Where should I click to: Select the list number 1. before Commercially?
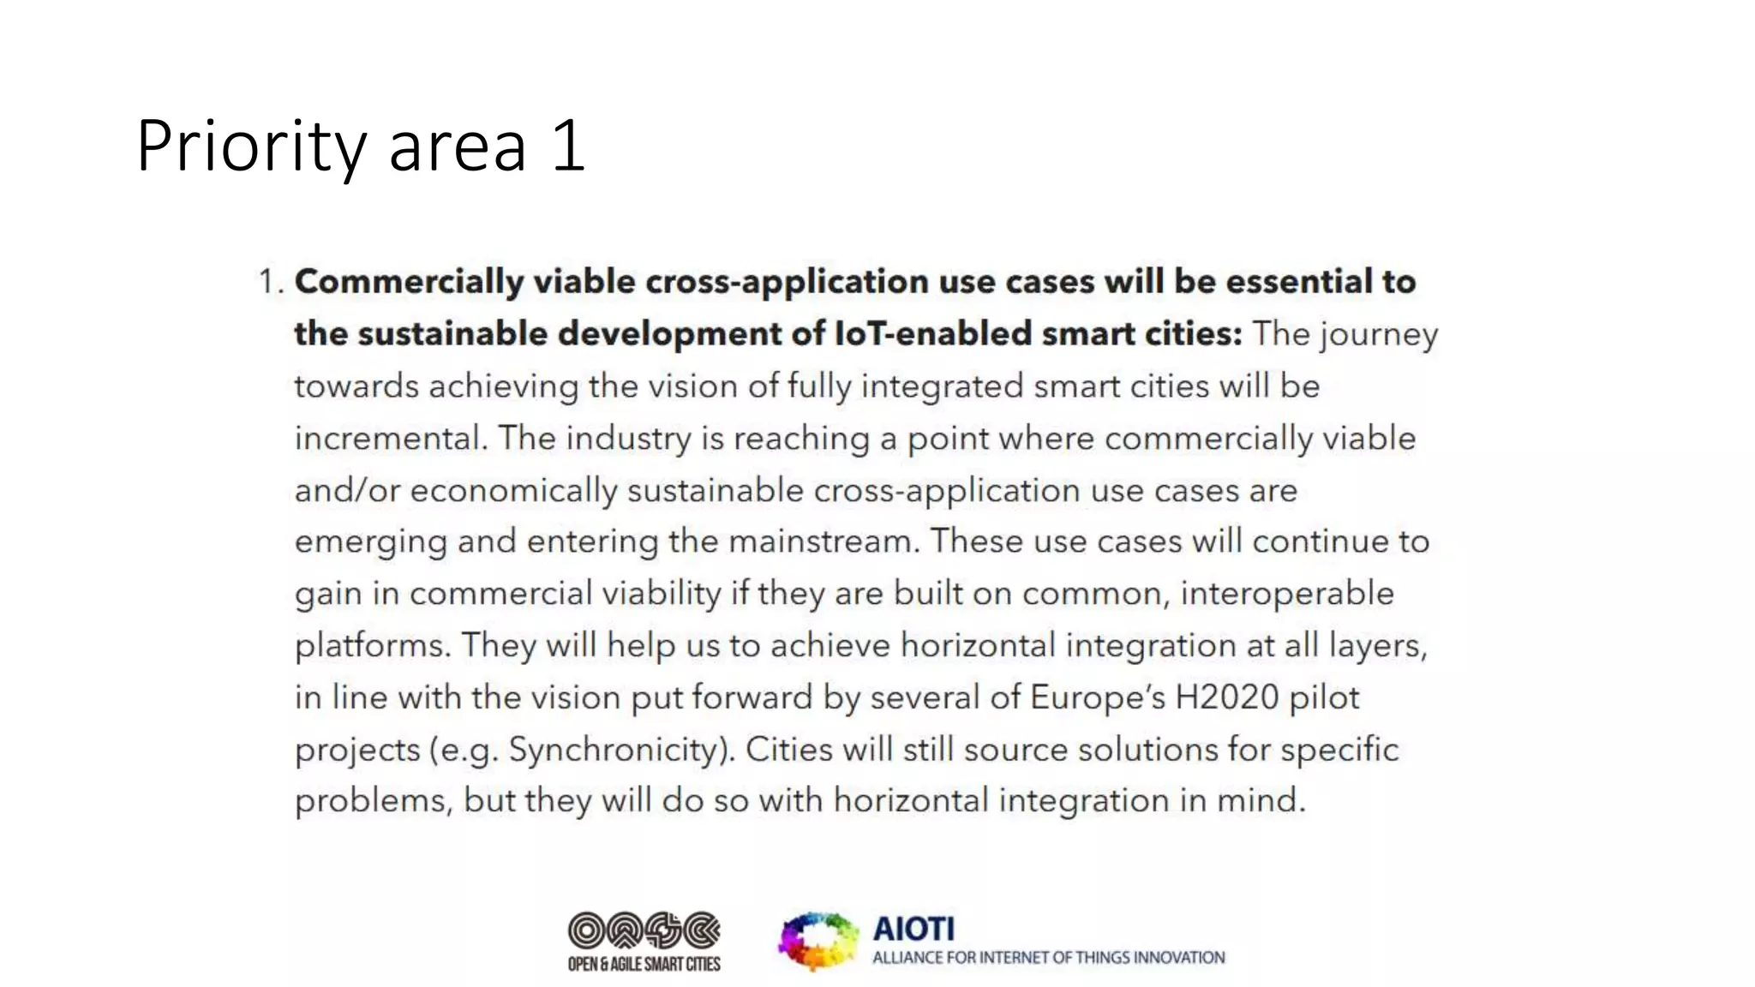click(270, 282)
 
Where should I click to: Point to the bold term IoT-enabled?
click(933, 333)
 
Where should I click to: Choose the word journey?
click(1380, 335)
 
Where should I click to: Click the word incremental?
click(391, 438)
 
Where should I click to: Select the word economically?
click(513, 491)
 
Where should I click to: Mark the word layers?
click(1378, 645)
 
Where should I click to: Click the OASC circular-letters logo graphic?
click(644, 930)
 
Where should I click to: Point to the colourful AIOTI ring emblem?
click(818, 941)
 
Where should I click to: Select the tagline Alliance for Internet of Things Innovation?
click(1048, 958)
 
